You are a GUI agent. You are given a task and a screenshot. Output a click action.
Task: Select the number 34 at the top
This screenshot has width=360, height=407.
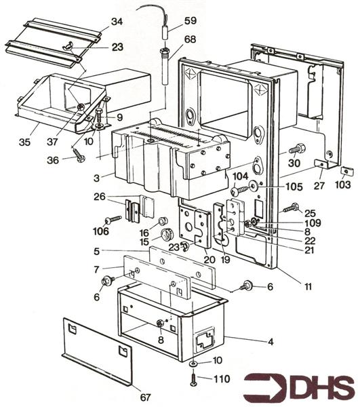point(117,22)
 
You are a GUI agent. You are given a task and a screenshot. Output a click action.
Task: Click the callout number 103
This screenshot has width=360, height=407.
point(344,183)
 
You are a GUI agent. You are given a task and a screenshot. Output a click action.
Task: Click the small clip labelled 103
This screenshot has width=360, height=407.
point(344,171)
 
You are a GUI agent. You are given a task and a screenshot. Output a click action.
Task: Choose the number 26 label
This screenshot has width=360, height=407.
point(118,198)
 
